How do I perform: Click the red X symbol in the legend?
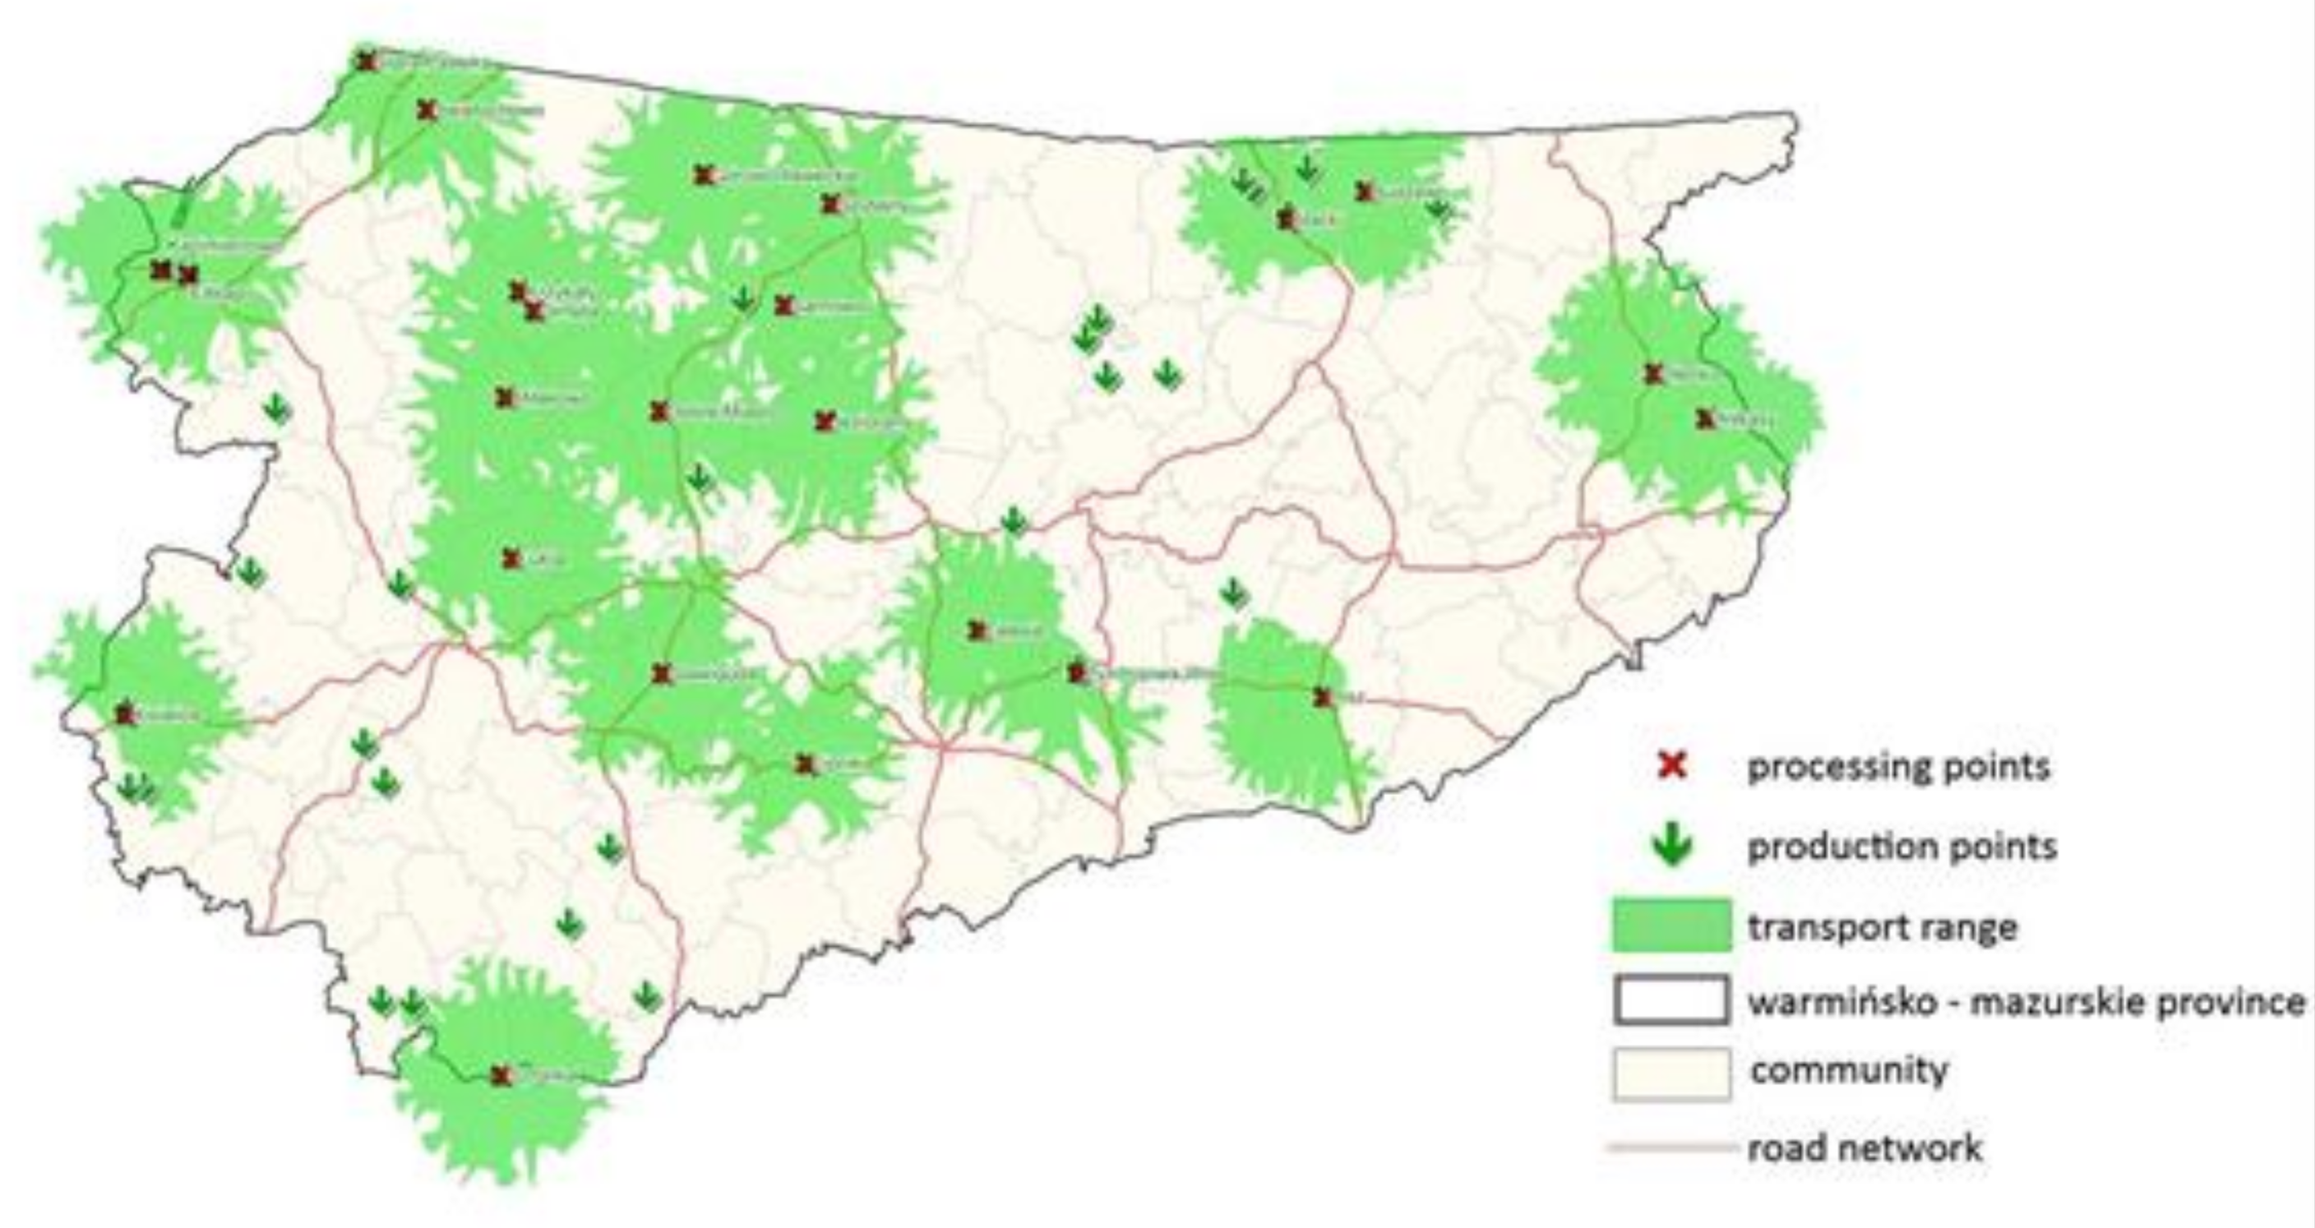click(x=1671, y=766)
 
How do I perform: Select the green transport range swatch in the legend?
click(x=1671, y=926)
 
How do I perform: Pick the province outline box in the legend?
click(x=1671, y=999)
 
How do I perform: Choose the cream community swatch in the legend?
click(x=1671, y=1073)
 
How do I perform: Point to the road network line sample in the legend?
click(x=1671, y=1147)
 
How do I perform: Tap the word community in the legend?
click(x=1850, y=1071)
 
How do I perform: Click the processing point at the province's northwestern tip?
click(x=366, y=61)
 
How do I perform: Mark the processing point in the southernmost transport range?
click(x=501, y=1075)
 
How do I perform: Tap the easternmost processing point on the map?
click(x=1705, y=418)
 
